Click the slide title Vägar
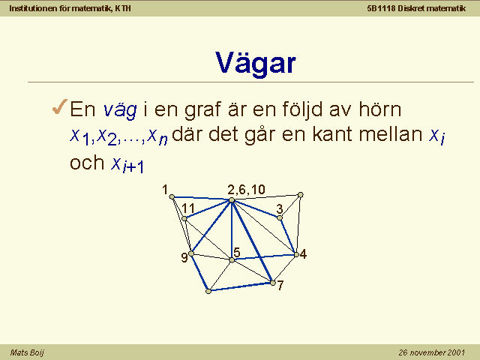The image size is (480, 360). point(256,64)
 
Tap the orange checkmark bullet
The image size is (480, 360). point(60,106)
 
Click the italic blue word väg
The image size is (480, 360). point(120,110)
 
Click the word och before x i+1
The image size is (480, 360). point(87,162)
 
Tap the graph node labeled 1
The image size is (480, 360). point(172,196)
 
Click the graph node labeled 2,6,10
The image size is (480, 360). point(232,200)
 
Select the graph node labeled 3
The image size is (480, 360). point(280,217)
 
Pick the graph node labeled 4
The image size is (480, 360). point(296,254)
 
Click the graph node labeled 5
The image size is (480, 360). point(232,260)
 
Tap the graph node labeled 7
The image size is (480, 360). point(273,283)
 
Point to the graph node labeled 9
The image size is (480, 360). point(191,253)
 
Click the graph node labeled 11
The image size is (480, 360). point(184,218)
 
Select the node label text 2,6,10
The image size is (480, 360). point(246,190)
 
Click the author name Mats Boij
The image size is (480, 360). point(27,352)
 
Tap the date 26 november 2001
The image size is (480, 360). point(432,352)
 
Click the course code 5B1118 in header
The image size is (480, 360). point(381,8)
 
